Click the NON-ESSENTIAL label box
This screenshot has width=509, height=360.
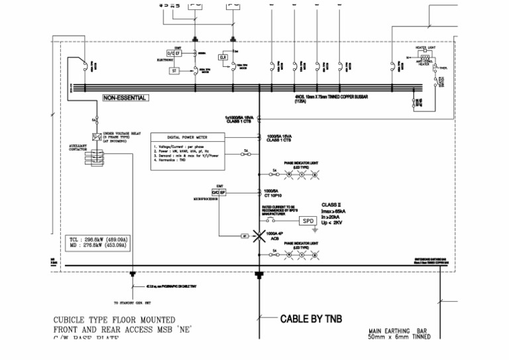pos(125,98)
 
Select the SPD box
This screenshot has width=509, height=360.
pos(308,221)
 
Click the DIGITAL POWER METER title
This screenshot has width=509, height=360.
pos(188,137)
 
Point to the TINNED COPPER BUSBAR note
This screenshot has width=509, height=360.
pos(331,98)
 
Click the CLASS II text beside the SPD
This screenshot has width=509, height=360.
pos(331,205)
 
